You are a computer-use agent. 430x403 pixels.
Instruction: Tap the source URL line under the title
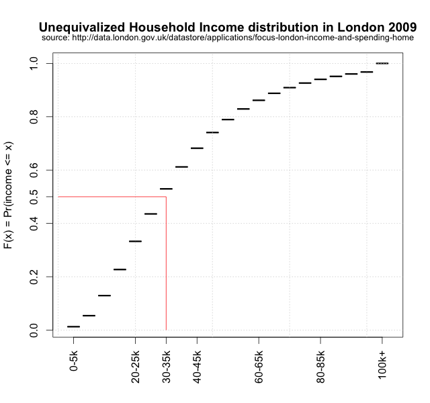pos(228,38)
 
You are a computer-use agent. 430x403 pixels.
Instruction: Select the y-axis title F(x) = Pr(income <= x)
pos(9,195)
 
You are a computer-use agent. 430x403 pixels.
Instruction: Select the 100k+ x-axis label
pos(382,363)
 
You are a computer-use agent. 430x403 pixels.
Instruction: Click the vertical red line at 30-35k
pos(166,269)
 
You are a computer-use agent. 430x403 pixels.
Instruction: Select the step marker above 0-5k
pos(73,326)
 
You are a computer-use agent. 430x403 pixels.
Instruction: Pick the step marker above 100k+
pos(382,63)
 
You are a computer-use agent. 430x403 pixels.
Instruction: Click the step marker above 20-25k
pos(135,241)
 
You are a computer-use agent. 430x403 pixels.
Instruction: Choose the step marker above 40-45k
pos(197,148)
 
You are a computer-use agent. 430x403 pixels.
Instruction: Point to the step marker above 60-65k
pos(259,100)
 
